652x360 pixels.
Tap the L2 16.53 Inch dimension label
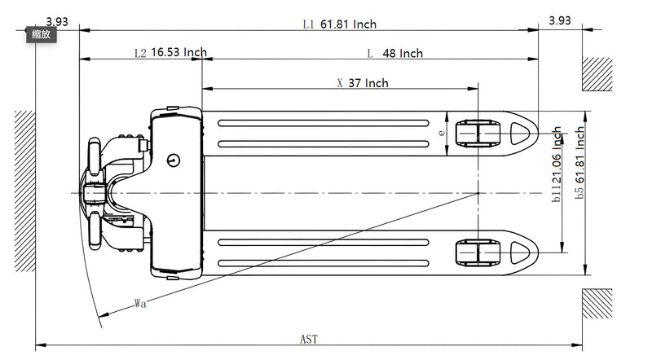click(170, 53)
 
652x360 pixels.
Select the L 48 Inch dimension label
click(395, 54)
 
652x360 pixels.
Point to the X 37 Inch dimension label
click(362, 83)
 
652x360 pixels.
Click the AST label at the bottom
click(309, 339)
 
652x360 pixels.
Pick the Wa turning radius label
click(140, 304)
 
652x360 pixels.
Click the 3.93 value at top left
click(57, 21)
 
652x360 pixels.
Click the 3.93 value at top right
click(560, 21)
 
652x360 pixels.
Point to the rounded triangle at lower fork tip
click(519, 252)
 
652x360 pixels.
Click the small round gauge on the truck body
click(173, 160)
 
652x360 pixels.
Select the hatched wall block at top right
click(596, 73)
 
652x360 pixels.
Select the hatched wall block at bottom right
click(596, 304)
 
